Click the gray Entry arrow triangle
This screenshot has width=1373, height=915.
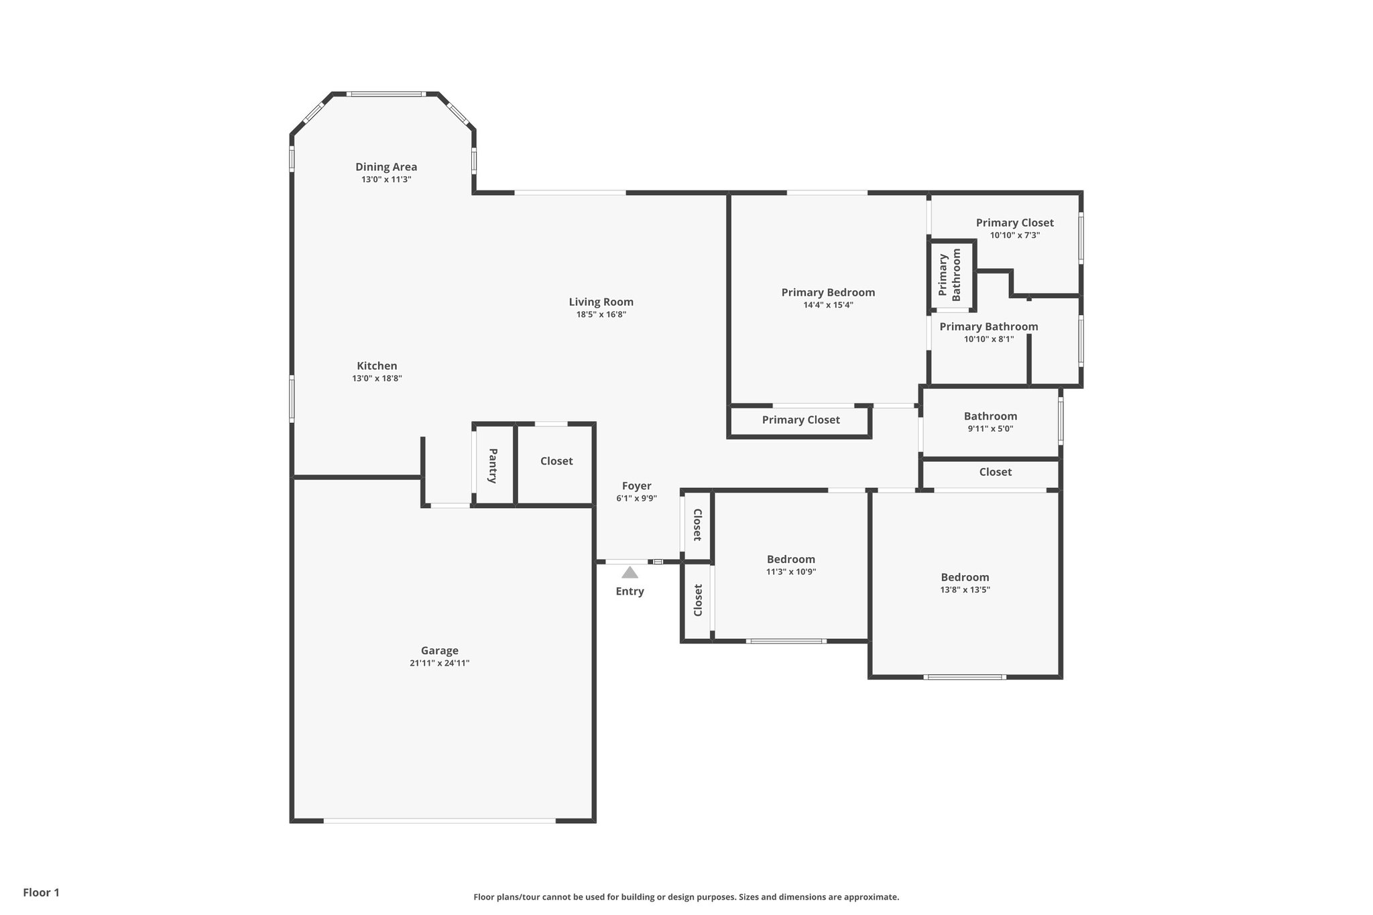(630, 572)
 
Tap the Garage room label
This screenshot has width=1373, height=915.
(440, 650)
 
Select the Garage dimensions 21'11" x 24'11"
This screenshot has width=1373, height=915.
(440, 663)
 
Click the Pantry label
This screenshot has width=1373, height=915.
(493, 466)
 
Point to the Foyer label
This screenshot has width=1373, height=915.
(636, 486)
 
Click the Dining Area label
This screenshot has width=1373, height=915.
(386, 167)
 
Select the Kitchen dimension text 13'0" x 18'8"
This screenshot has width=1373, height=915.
(377, 379)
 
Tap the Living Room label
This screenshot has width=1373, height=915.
(601, 302)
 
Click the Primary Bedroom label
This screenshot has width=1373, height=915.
(828, 292)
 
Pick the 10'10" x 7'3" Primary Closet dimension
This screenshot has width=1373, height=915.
(1014, 235)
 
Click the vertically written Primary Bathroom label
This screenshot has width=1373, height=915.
(950, 275)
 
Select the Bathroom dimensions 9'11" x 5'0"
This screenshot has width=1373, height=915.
(990, 429)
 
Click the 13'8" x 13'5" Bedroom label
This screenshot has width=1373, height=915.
(965, 577)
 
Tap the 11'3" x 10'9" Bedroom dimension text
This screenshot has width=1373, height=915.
(791, 572)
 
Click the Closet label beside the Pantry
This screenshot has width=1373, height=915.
(556, 461)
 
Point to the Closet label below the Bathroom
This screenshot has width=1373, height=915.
(995, 472)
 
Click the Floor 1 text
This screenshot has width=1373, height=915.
(42, 892)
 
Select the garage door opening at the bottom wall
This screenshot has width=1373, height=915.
(440, 820)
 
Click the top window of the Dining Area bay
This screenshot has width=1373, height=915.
(386, 95)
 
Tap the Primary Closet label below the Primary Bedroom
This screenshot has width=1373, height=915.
(800, 420)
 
